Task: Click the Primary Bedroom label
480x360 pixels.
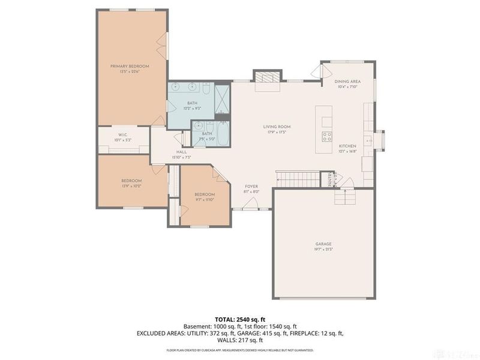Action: [x=129, y=66]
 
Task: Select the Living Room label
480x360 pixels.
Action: [x=277, y=127]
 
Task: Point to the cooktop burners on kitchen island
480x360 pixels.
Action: [x=327, y=136]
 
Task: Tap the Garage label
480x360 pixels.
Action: [x=323, y=244]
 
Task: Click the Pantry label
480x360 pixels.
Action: [x=330, y=180]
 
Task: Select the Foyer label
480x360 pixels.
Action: [x=251, y=187]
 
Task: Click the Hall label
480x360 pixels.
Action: [x=181, y=152]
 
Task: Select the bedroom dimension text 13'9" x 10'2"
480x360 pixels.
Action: [x=131, y=186]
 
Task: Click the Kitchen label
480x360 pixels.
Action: [x=347, y=146]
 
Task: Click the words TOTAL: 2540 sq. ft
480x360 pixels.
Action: [x=239, y=319]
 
